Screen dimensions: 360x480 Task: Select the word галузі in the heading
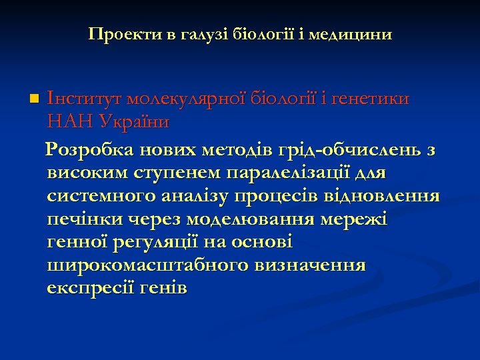pos(200,33)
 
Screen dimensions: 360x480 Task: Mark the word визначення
pos(310,265)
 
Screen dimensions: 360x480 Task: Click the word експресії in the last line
pos(89,288)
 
